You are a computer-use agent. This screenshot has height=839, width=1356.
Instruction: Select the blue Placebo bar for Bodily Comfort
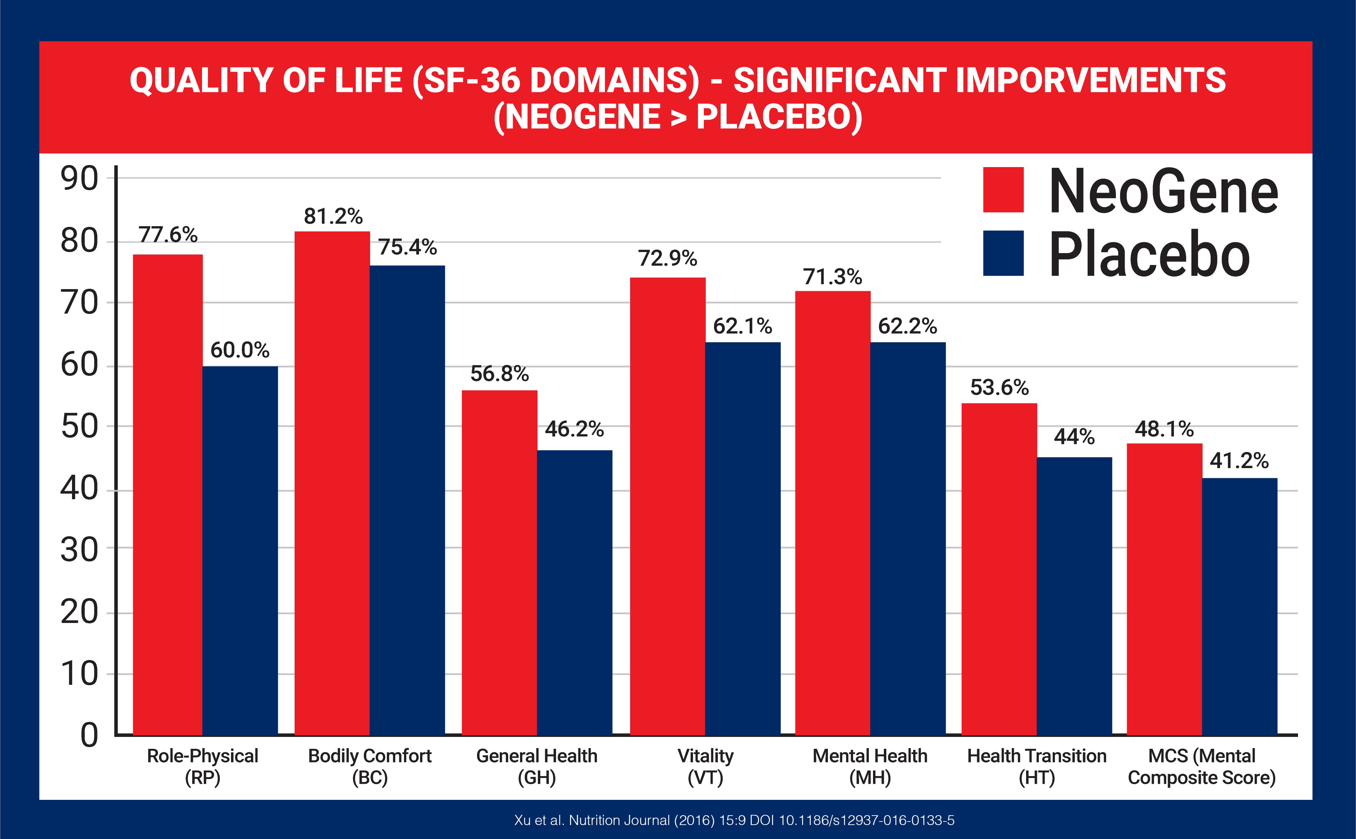[407, 500]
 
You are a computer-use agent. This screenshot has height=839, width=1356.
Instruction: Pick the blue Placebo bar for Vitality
[743, 538]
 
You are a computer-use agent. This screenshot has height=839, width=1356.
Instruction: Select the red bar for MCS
[1164, 588]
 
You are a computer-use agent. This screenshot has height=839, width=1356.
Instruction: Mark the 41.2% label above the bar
[1239, 460]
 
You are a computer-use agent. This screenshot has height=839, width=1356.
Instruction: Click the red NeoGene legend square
[1003, 190]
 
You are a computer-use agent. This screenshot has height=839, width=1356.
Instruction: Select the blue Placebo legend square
[1003, 253]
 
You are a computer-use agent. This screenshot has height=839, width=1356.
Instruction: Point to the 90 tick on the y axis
[79, 179]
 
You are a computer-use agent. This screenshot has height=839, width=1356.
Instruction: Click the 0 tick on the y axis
[89, 735]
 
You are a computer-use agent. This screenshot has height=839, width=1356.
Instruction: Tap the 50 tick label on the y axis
[79, 427]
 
